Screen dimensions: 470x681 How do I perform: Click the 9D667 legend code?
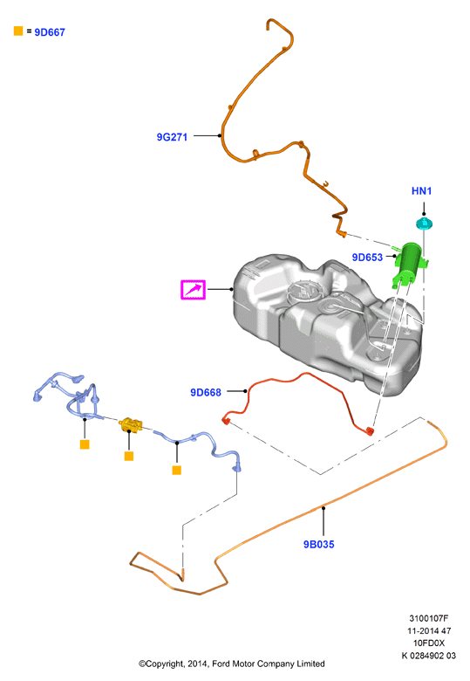[x=50, y=32]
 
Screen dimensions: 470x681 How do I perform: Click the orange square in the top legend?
[x=18, y=31]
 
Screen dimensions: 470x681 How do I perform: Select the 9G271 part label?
[x=172, y=137]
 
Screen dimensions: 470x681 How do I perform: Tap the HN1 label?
[x=421, y=191]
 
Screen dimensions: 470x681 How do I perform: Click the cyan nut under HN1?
[x=425, y=224]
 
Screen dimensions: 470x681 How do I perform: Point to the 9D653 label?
[x=367, y=258]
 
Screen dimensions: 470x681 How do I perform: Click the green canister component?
[x=409, y=264]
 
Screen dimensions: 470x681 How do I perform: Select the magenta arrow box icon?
[x=193, y=290]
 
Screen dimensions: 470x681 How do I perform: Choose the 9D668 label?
[x=206, y=393]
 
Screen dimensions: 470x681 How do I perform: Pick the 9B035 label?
[x=318, y=545]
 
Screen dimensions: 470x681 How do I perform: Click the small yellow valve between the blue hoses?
[x=131, y=424]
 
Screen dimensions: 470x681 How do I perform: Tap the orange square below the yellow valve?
[x=129, y=456]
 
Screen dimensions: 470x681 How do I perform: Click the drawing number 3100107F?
[x=428, y=618]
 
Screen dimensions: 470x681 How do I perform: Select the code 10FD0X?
[x=428, y=643]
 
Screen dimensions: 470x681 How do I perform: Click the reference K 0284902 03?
[x=428, y=656]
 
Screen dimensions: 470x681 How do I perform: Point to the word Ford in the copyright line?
[x=221, y=664]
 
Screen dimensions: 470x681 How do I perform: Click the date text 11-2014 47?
[x=428, y=630]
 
